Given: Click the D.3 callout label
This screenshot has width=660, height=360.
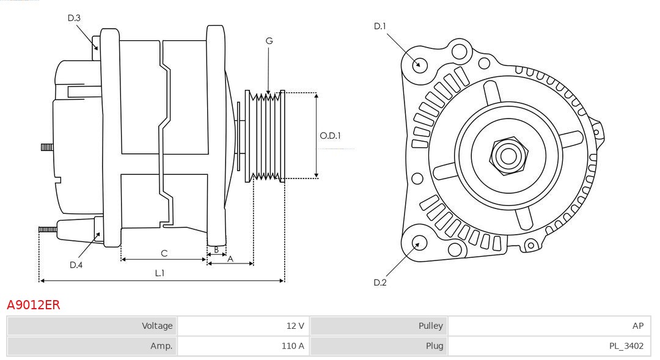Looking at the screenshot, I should pos(74,18).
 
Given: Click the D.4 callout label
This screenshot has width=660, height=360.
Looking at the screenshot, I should pos(76,265).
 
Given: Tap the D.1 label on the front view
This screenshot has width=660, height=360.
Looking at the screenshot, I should pos(380,26).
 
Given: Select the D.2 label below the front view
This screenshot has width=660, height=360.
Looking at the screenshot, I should pos(380,282).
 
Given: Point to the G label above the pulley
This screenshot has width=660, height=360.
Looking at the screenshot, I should pos(269,41).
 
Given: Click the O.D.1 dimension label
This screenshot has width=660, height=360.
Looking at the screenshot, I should pos(330,136).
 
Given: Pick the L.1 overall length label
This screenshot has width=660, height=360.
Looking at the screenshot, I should pos(159,273).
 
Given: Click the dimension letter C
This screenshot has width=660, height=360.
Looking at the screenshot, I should pos(164,253).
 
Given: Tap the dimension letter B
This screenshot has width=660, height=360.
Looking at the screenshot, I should pos(216,249).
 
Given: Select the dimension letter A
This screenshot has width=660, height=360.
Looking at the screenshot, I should pos(230,259).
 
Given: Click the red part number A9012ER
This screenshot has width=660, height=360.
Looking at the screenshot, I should pos(34,305).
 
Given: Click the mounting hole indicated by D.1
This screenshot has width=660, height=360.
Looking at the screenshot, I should pos(419,64).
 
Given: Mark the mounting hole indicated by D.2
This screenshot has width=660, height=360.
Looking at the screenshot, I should pos(419,244).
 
